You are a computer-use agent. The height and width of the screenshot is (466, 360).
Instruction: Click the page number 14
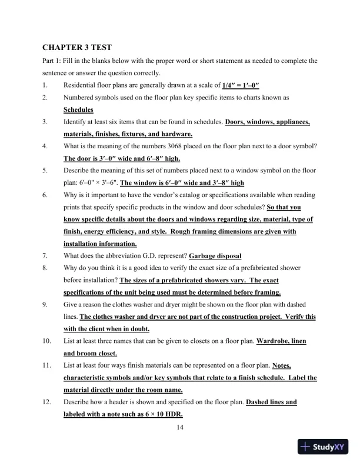[181, 427]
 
